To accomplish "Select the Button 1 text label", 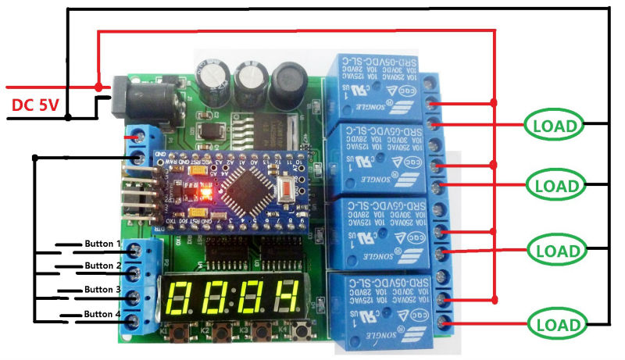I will click(102, 244).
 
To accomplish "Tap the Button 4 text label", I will click(102, 314).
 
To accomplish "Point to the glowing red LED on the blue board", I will click(206, 191).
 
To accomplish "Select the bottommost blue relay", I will click(375, 308).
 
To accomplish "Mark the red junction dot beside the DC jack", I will click(98, 87).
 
